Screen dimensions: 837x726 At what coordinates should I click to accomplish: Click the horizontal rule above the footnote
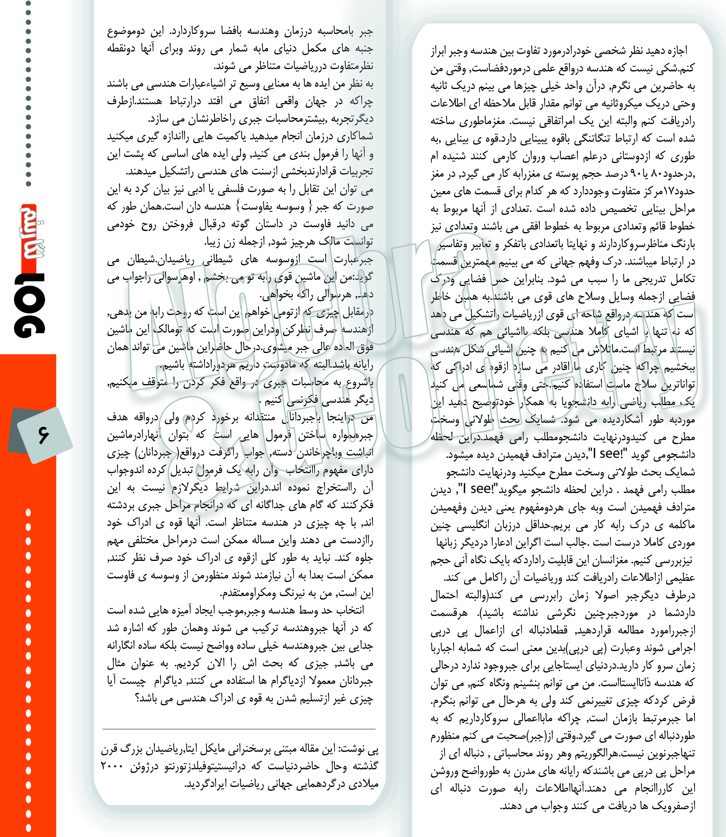(x=239, y=729)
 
